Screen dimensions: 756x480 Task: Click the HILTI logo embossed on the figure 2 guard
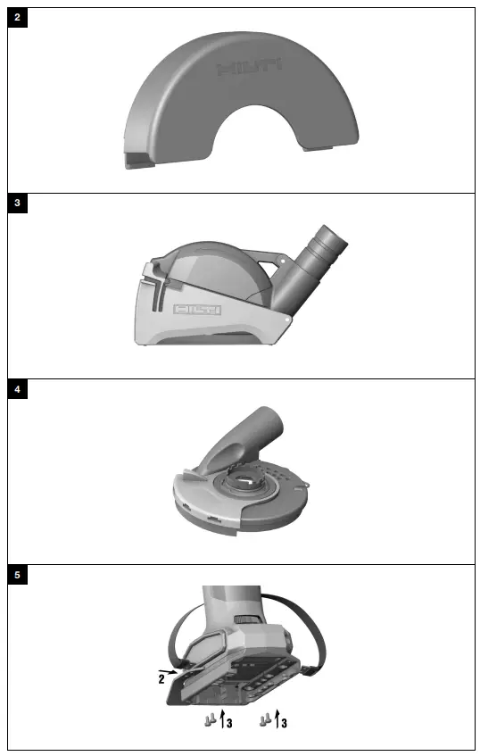[x=249, y=68]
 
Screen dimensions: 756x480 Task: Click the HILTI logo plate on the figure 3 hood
[x=196, y=309]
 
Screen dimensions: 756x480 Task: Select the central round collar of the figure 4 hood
[x=244, y=488]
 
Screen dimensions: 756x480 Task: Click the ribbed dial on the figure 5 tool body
[x=244, y=619]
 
